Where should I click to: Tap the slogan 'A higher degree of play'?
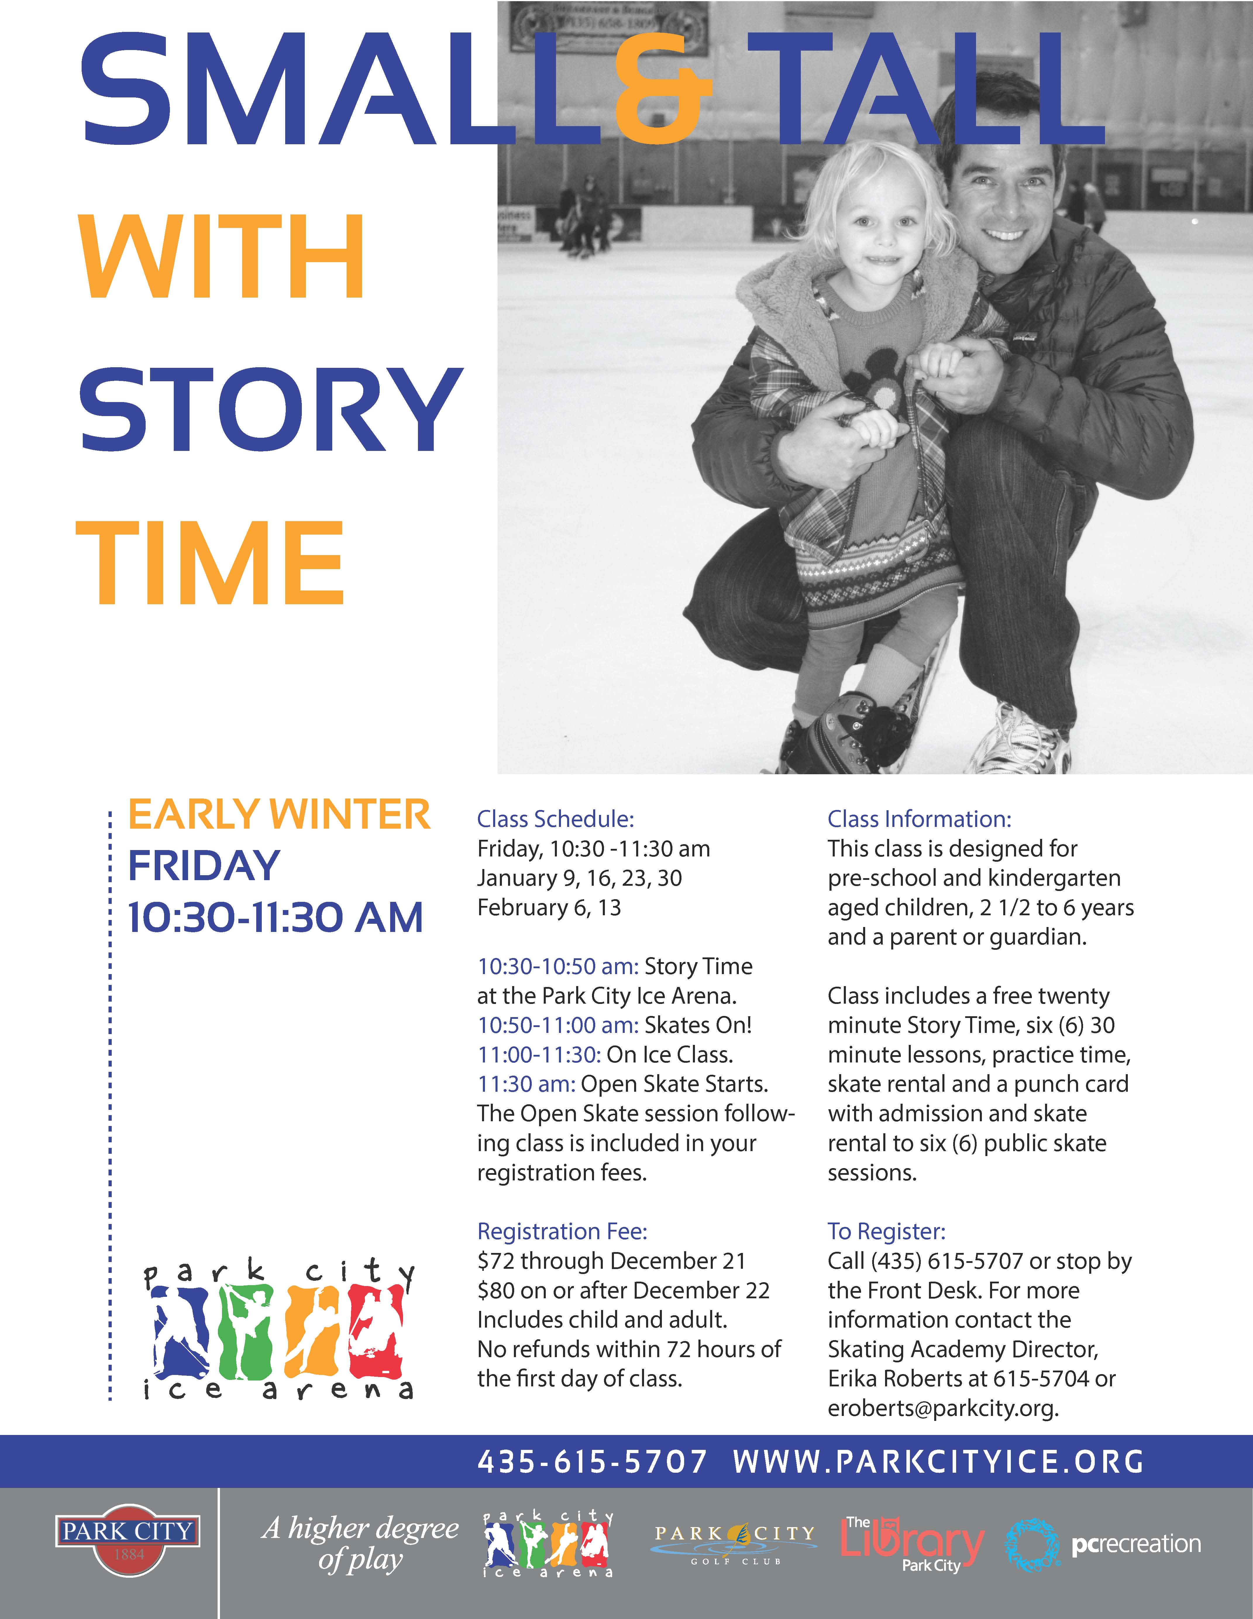coord(361,1543)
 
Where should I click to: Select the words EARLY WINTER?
coord(279,815)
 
